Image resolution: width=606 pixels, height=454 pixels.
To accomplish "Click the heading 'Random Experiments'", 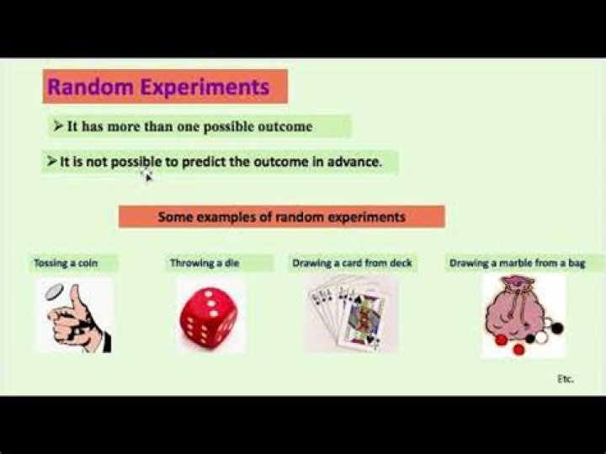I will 158,87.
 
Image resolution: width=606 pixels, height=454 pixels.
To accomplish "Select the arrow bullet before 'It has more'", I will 57,126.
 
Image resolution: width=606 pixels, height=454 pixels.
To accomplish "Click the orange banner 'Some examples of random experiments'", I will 281,217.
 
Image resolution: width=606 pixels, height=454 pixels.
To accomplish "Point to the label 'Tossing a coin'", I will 66,263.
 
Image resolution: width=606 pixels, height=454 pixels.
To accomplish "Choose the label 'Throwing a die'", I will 205,263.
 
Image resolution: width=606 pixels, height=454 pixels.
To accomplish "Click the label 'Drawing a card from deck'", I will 352,263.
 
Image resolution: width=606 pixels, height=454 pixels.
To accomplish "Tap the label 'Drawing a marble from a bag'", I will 517,263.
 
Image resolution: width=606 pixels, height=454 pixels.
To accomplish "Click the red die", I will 208,316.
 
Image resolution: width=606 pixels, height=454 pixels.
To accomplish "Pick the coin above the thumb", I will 53,291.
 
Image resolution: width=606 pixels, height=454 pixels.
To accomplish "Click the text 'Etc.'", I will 565,379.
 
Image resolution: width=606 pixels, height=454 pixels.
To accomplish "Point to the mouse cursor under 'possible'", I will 146,175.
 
